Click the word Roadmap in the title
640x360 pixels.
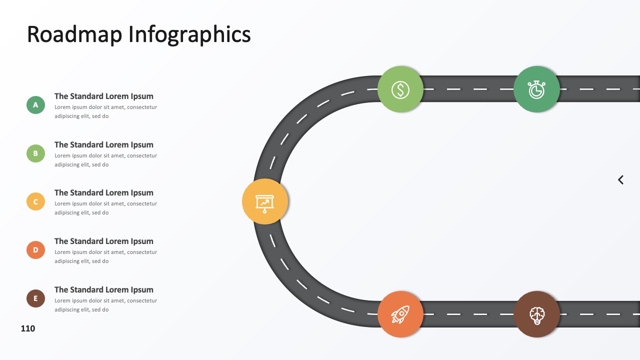(74, 34)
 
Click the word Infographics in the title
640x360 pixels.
(189, 35)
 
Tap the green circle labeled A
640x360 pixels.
(35, 105)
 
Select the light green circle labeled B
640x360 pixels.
(35, 153)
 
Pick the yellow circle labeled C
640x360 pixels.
(35, 201)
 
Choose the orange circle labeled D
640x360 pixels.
(35, 250)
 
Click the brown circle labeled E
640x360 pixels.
(35, 298)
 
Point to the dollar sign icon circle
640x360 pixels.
(400, 89)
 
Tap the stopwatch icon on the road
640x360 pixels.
(536, 89)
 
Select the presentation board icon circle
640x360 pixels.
(265, 201)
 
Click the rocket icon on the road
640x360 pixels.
(400, 314)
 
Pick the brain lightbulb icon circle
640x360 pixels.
(536, 314)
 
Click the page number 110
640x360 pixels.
(28, 328)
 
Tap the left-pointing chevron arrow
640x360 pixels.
(620, 180)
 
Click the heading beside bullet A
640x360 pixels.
(104, 96)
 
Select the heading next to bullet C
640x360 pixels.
(104, 193)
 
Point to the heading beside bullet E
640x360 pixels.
(104, 289)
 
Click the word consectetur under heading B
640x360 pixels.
(142, 155)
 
